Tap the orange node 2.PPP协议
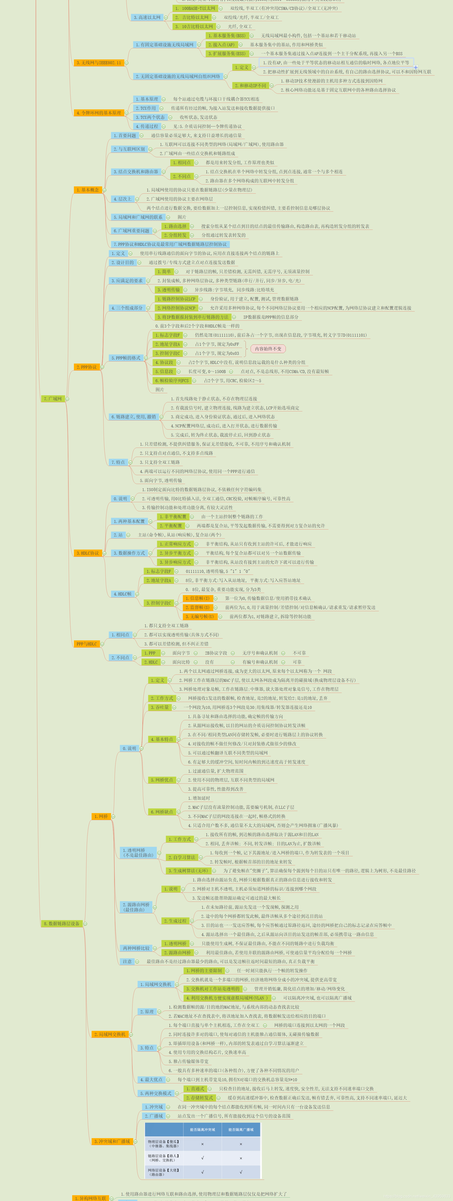coord(87,367)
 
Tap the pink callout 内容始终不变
coord(268,349)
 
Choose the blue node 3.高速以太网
coord(147,17)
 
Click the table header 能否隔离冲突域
coord(202,1130)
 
